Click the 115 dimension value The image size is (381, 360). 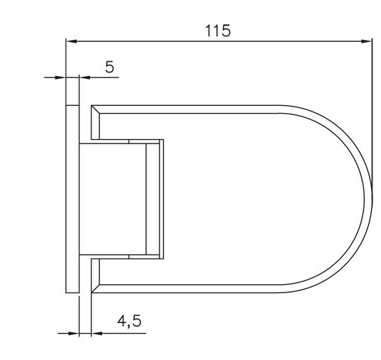(218, 31)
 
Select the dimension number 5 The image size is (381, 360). (109, 67)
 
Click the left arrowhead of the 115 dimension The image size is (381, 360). (72, 41)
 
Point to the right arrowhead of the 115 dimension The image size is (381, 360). (366, 41)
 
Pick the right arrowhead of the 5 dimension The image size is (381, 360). (84, 77)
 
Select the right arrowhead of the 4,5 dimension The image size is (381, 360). (96, 333)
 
